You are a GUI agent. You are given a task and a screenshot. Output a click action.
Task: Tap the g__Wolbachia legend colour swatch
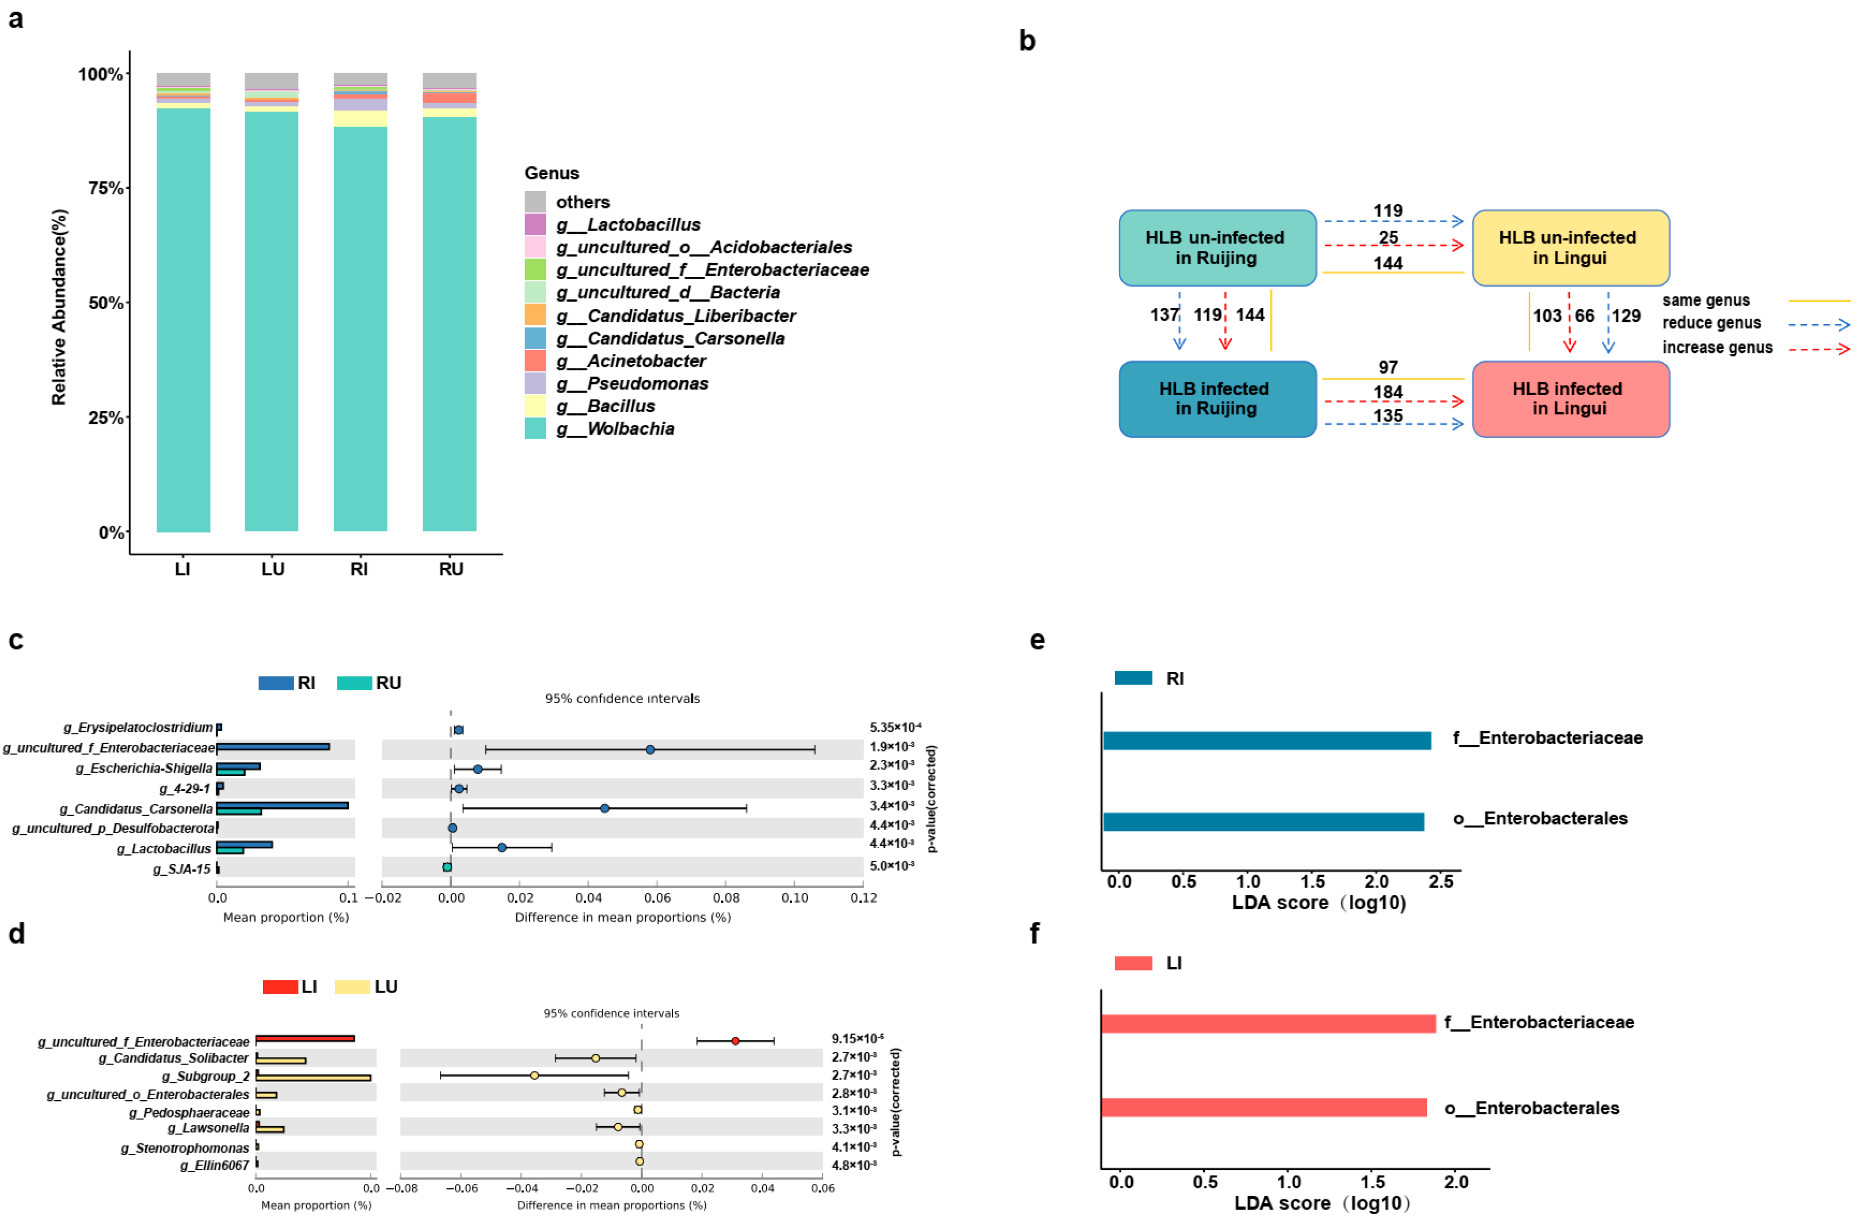coord(535,428)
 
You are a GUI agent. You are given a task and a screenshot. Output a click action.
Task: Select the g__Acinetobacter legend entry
coord(630,362)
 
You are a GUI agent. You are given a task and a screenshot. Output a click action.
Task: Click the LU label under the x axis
coord(272,569)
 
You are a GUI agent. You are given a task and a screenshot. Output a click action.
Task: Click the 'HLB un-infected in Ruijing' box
coord(1217,248)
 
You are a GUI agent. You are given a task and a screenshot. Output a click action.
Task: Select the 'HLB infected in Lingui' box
coord(1570,399)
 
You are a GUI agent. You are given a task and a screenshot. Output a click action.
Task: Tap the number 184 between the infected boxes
coord(1387,392)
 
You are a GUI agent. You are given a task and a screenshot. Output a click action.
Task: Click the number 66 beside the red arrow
coord(1584,316)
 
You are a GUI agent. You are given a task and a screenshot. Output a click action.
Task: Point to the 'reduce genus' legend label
coord(1711,323)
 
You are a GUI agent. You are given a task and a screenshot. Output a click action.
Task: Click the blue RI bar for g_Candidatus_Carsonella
coord(281,805)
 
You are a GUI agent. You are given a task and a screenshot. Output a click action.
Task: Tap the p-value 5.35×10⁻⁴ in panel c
coord(895,727)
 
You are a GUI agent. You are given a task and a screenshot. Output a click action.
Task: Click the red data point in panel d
coord(735,1041)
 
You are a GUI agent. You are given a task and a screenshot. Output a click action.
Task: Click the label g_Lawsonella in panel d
coord(208,1128)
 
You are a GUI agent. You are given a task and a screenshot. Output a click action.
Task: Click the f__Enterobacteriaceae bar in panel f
coord(1268,1024)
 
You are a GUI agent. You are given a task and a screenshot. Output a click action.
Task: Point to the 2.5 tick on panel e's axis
coord(1440,882)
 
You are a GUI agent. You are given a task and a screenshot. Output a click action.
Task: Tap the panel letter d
coord(17,934)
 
